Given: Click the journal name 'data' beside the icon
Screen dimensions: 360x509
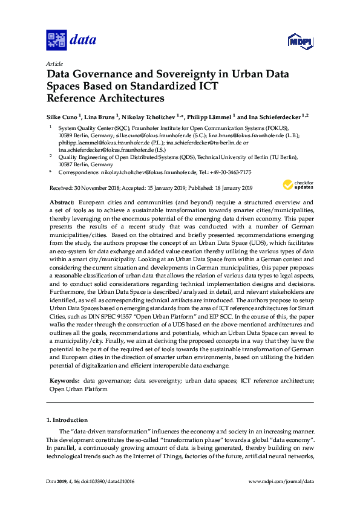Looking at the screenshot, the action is tap(83, 41).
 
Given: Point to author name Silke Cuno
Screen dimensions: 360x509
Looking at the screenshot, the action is tap(64, 116).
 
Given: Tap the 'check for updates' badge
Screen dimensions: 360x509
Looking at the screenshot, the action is tap(298, 184).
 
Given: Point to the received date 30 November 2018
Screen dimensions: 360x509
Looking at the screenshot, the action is tap(95, 188).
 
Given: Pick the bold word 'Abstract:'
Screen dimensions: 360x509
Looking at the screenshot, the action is tap(62, 200).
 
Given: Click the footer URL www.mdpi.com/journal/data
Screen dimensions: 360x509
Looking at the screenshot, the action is tap(281, 481).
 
